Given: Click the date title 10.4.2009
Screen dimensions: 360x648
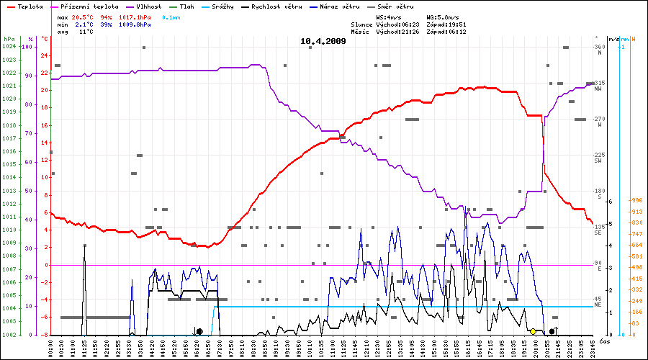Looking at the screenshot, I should [323, 41].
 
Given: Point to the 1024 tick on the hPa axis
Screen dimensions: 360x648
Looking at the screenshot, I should [9, 47].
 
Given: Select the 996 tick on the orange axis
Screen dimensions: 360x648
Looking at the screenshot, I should [636, 201].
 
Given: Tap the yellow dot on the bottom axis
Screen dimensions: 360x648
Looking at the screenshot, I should [533, 331].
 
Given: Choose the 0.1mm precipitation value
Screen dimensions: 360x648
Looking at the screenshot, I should [171, 16].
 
